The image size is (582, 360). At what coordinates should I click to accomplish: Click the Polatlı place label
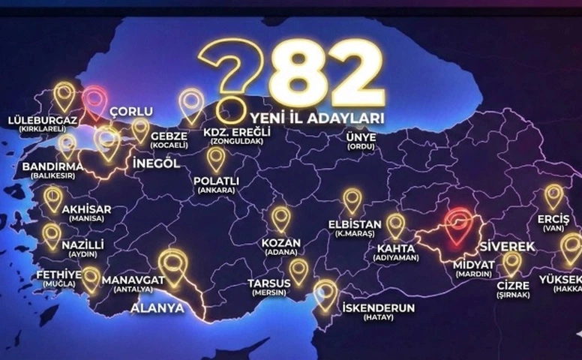pyautogui.click(x=216, y=181)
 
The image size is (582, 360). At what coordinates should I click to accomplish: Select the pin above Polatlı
pyautogui.click(x=216, y=158)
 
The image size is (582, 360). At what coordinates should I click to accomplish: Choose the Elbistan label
pyautogui.click(x=352, y=224)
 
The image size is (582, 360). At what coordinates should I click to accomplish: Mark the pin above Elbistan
pyautogui.click(x=352, y=200)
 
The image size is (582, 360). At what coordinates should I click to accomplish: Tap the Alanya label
pyautogui.click(x=157, y=307)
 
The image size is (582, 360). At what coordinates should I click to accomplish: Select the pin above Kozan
pyautogui.click(x=281, y=218)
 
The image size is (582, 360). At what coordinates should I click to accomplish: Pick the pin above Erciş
pyautogui.click(x=553, y=196)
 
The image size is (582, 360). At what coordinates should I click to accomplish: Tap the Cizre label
pyautogui.click(x=512, y=286)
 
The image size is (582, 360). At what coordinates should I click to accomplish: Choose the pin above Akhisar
pyautogui.click(x=53, y=198)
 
